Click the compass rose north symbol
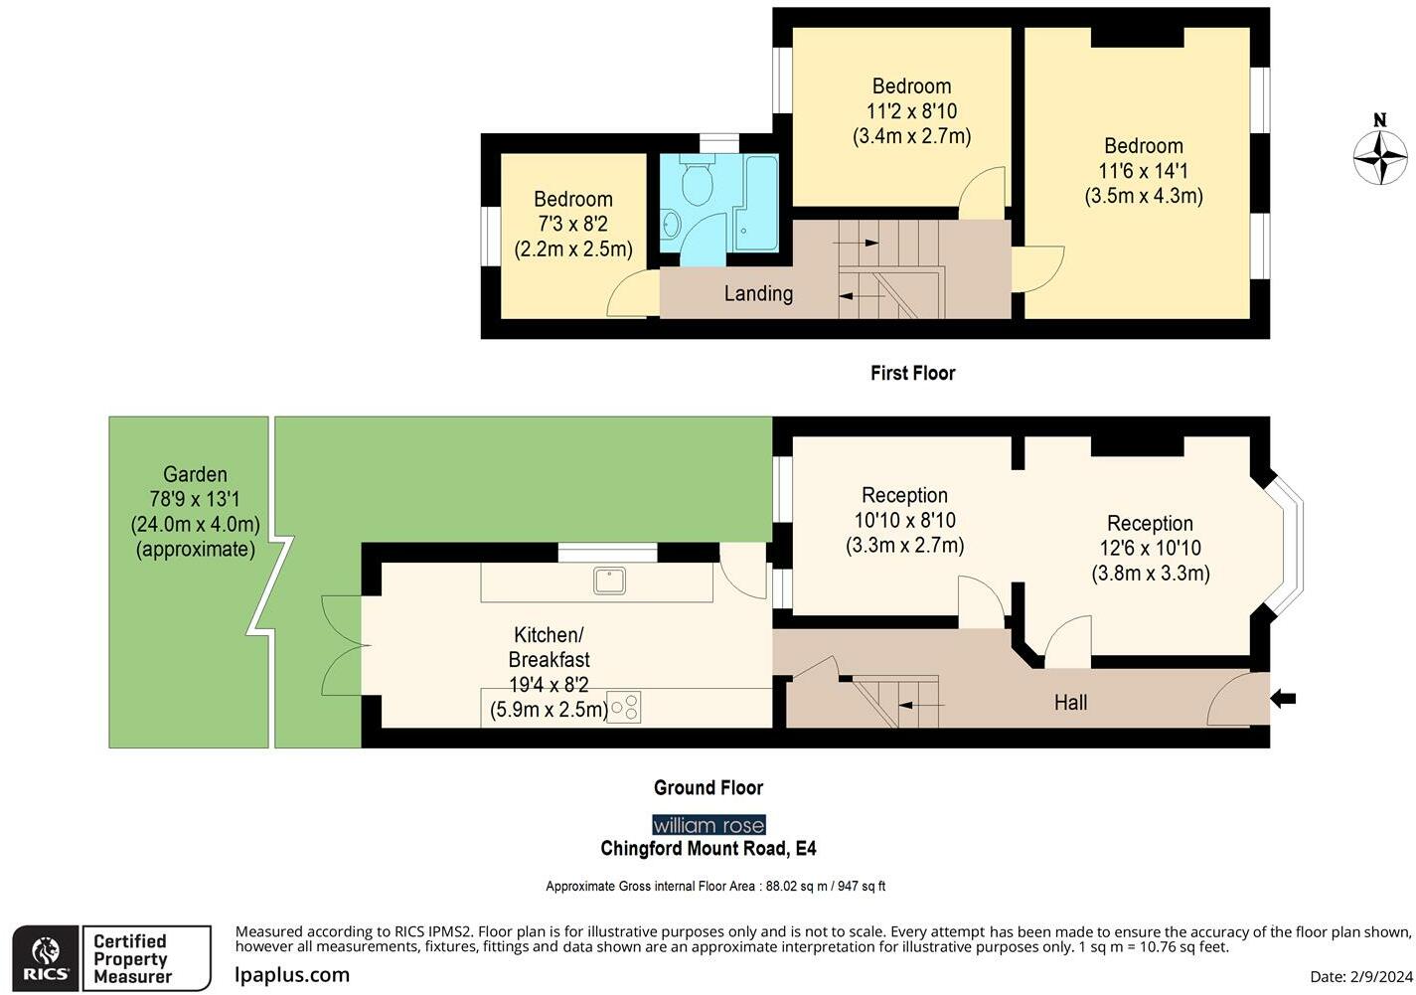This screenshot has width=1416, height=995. pos(1380,154)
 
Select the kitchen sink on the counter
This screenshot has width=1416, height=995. pos(610,580)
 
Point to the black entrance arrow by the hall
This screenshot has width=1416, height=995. pos(1283,700)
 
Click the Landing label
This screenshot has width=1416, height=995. pos(758,293)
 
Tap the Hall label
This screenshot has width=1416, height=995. pos(1070,703)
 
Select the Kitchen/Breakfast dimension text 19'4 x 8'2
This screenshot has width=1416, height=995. pos(549,685)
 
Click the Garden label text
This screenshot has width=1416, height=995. pos(196,475)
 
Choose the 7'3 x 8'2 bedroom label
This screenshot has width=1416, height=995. pos(573,224)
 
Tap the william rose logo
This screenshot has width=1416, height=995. pos(708,825)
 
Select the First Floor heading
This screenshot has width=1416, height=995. pos(912,373)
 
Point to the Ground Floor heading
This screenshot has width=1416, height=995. pos(708,787)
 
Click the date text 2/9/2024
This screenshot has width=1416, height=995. pos(1358,977)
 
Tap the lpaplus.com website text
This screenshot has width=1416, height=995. pos(292,974)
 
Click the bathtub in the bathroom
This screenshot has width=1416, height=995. pos(758,202)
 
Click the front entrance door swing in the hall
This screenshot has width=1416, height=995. pos(1235,701)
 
